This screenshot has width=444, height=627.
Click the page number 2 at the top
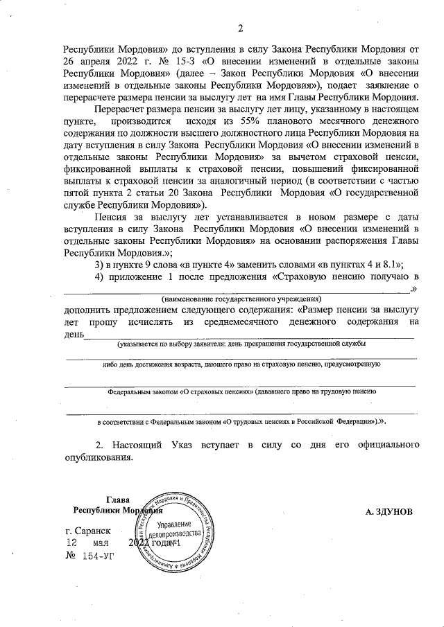[241, 28]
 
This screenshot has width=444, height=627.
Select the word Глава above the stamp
[119, 500]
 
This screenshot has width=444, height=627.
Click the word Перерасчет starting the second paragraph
[121, 110]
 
